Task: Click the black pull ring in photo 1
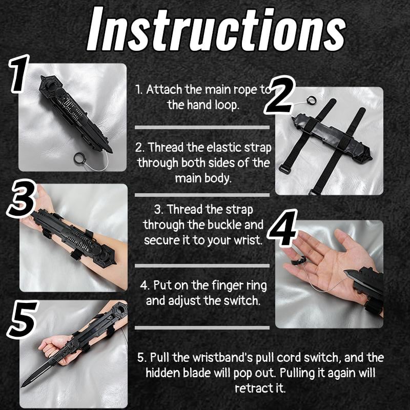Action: (80, 158)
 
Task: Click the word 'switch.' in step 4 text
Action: (245, 301)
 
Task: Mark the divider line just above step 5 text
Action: (202, 327)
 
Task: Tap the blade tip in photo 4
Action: (347, 273)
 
